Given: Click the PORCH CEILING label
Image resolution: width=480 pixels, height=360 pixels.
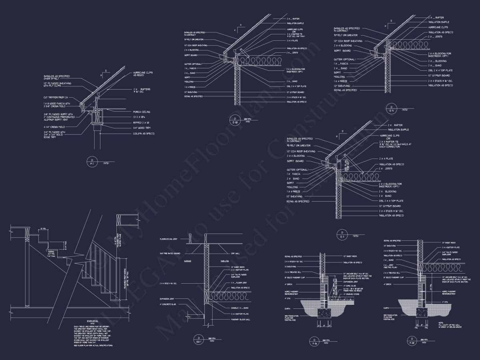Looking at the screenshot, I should (x=141, y=112).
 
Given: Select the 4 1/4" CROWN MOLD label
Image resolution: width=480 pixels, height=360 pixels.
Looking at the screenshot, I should (x=55, y=127).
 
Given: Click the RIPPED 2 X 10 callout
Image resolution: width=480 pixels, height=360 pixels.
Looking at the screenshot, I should (x=141, y=122).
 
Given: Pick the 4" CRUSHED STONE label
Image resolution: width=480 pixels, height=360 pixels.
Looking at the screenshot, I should (x=351, y=294).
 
